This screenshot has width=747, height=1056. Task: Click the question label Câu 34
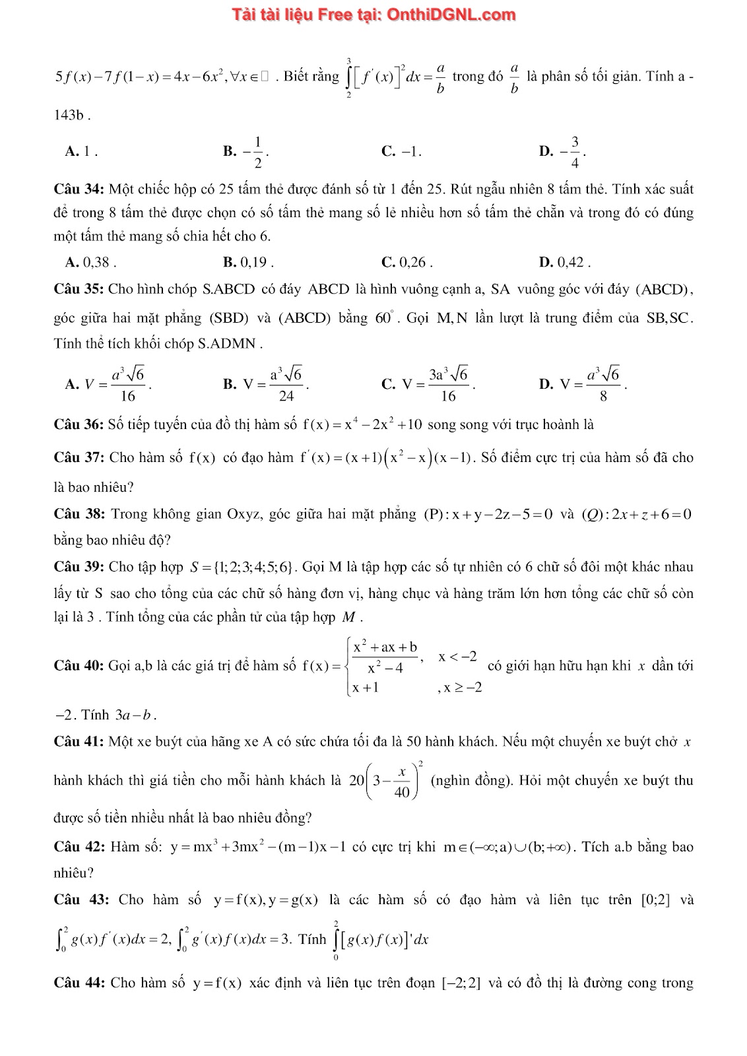click(79, 189)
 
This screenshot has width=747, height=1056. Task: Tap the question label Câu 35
click(79, 289)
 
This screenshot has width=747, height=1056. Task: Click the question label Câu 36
click(79, 424)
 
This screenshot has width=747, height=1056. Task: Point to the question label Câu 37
click(79, 457)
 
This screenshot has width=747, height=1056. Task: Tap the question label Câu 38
click(79, 514)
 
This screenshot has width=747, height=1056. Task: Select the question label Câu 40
click(79, 665)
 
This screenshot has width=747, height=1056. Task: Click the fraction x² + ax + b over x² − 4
click(385, 657)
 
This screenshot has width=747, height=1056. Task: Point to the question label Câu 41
click(79, 742)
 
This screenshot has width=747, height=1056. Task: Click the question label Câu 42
click(79, 847)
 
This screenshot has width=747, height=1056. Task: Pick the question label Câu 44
click(79, 983)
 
